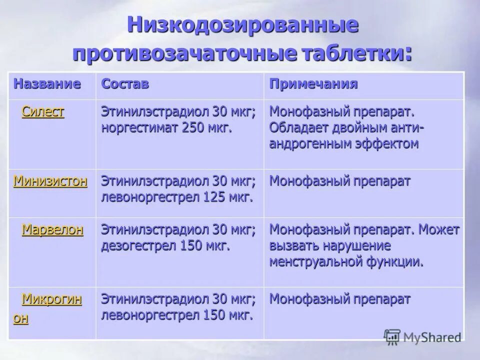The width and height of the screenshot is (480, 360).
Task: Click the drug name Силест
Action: pos(43,112)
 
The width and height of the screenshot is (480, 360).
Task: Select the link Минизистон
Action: pos(50,181)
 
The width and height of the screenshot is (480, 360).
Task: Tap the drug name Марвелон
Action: pos(52,230)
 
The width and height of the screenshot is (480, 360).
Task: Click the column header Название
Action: pos(47,83)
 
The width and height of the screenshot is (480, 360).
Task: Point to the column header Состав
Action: pos(125,83)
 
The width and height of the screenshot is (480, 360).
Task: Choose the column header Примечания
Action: pos(313,83)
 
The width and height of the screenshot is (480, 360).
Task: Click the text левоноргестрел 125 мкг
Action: pos(176,196)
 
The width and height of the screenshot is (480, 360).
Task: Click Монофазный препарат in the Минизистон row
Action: pos(340,181)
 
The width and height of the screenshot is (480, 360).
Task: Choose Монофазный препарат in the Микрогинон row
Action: pos(340,300)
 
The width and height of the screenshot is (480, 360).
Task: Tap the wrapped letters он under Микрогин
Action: pos(20,319)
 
